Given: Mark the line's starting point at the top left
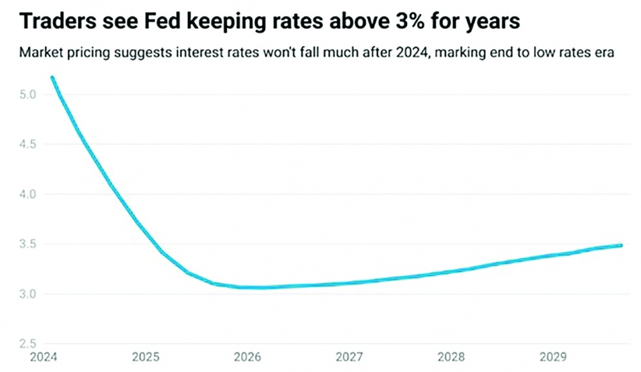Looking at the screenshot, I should tap(52, 78).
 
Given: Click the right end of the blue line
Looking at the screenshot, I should tap(621, 245).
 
